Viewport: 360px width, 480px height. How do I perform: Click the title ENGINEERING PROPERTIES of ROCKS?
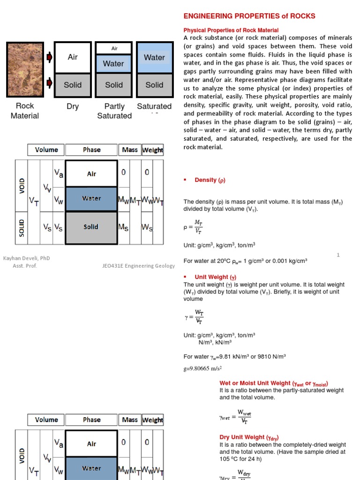249,16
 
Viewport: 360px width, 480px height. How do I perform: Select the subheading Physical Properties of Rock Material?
231,30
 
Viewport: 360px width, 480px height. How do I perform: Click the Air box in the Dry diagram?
73,57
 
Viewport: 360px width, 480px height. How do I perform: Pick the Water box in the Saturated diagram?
154,58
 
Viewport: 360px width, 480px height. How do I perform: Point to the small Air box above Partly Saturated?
114,48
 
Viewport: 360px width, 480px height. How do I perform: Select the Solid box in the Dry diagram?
73,85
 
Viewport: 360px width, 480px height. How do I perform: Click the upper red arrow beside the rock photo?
49,58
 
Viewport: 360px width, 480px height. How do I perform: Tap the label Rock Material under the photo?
25,111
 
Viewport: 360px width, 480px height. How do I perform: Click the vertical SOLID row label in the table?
22,227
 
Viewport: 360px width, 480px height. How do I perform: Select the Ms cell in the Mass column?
123,227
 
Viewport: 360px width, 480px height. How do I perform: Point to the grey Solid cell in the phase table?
91,227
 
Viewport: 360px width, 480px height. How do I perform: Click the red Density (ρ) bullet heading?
206,180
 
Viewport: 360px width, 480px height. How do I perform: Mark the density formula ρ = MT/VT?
193,227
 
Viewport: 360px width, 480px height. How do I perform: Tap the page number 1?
337,255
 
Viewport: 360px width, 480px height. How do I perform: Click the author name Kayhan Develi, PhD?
27,258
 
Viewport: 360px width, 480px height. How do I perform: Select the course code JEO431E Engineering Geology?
138,266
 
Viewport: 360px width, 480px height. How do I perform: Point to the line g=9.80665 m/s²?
202,368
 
